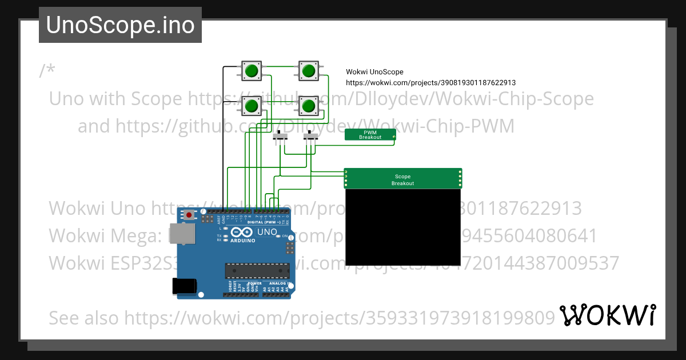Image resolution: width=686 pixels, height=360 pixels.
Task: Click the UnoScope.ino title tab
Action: (x=120, y=25)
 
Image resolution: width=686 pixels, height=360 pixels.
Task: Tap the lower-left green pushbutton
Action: (x=252, y=106)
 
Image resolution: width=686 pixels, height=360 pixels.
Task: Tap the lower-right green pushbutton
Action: (x=309, y=106)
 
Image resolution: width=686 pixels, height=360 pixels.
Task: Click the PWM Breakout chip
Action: (x=370, y=135)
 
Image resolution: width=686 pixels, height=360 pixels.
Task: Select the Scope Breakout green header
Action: (x=402, y=179)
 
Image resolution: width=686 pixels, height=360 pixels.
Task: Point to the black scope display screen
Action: (x=402, y=227)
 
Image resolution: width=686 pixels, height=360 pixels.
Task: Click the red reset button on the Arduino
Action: (x=189, y=215)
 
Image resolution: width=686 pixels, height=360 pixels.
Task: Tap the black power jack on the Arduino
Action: (x=185, y=286)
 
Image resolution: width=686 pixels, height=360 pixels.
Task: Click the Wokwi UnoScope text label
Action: (x=374, y=72)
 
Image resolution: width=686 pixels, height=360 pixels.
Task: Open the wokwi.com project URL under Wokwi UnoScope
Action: (x=430, y=83)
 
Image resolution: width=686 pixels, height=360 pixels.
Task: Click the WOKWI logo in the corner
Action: (x=607, y=315)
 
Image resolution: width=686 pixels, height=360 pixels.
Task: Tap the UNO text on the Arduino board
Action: (x=266, y=232)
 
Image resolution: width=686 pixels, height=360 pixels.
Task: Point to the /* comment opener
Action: (x=47, y=71)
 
